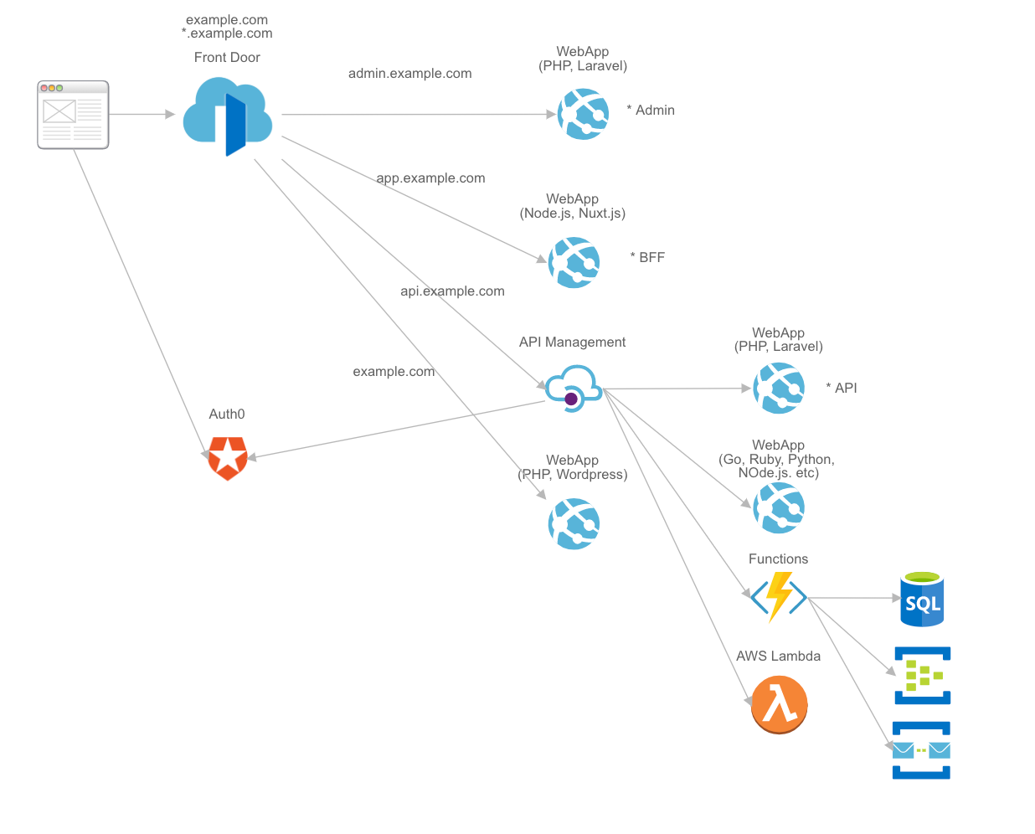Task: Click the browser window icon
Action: (x=73, y=115)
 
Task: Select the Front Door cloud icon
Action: (x=228, y=116)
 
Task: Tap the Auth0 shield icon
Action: (x=228, y=458)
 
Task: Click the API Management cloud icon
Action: (x=574, y=388)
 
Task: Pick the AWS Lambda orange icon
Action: (x=779, y=704)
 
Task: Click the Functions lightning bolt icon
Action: (x=779, y=597)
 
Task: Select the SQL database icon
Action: (x=922, y=600)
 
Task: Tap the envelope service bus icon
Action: (x=921, y=750)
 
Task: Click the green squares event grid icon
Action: (x=922, y=675)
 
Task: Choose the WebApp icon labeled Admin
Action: (x=584, y=114)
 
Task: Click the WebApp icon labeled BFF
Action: (x=574, y=262)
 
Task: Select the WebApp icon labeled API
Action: (x=779, y=388)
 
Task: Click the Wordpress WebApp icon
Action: (x=574, y=524)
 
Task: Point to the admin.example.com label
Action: (x=409, y=74)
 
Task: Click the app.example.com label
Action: (x=430, y=178)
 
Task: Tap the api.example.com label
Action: (x=452, y=291)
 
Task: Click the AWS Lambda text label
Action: (x=778, y=656)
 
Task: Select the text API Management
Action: (x=572, y=342)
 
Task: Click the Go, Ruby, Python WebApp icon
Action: (x=779, y=507)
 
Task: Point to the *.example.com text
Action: (x=227, y=33)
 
